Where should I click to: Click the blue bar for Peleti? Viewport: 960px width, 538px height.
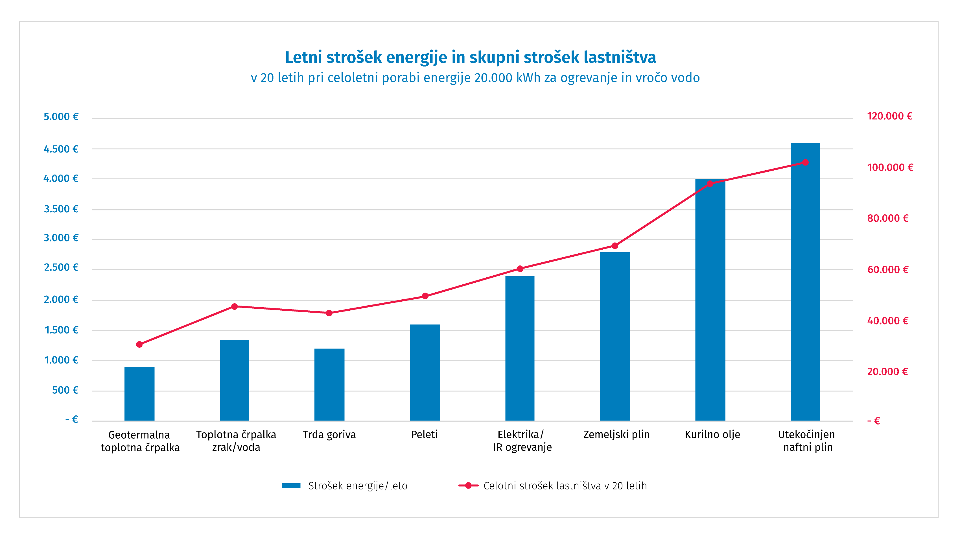(425, 373)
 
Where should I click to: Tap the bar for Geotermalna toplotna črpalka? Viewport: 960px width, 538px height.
(139, 394)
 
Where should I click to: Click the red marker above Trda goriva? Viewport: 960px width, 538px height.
(329, 313)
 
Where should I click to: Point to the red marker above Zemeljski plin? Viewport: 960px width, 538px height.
(615, 246)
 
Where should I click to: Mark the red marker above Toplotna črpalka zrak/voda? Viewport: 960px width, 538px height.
(234, 306)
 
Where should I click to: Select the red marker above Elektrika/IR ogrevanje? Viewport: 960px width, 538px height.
(520, 269)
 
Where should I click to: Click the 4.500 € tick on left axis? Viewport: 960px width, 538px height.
(61, 149)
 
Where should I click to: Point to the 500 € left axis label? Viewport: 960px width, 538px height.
(65, 390)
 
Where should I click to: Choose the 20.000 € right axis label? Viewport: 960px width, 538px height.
(887, 372)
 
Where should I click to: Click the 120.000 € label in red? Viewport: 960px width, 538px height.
(889, 116)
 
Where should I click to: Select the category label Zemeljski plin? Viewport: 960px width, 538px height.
(616, 435)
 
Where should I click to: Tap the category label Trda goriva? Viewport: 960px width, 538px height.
(329, 435)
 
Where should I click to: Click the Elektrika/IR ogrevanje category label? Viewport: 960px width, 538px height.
(522, 441)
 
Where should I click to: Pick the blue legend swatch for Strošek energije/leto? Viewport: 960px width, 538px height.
(291, 485)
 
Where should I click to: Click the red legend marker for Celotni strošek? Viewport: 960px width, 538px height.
(468, 485)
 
